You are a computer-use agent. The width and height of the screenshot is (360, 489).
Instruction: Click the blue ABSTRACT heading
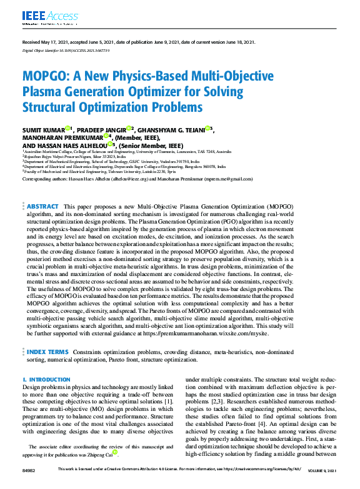(43, 206)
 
